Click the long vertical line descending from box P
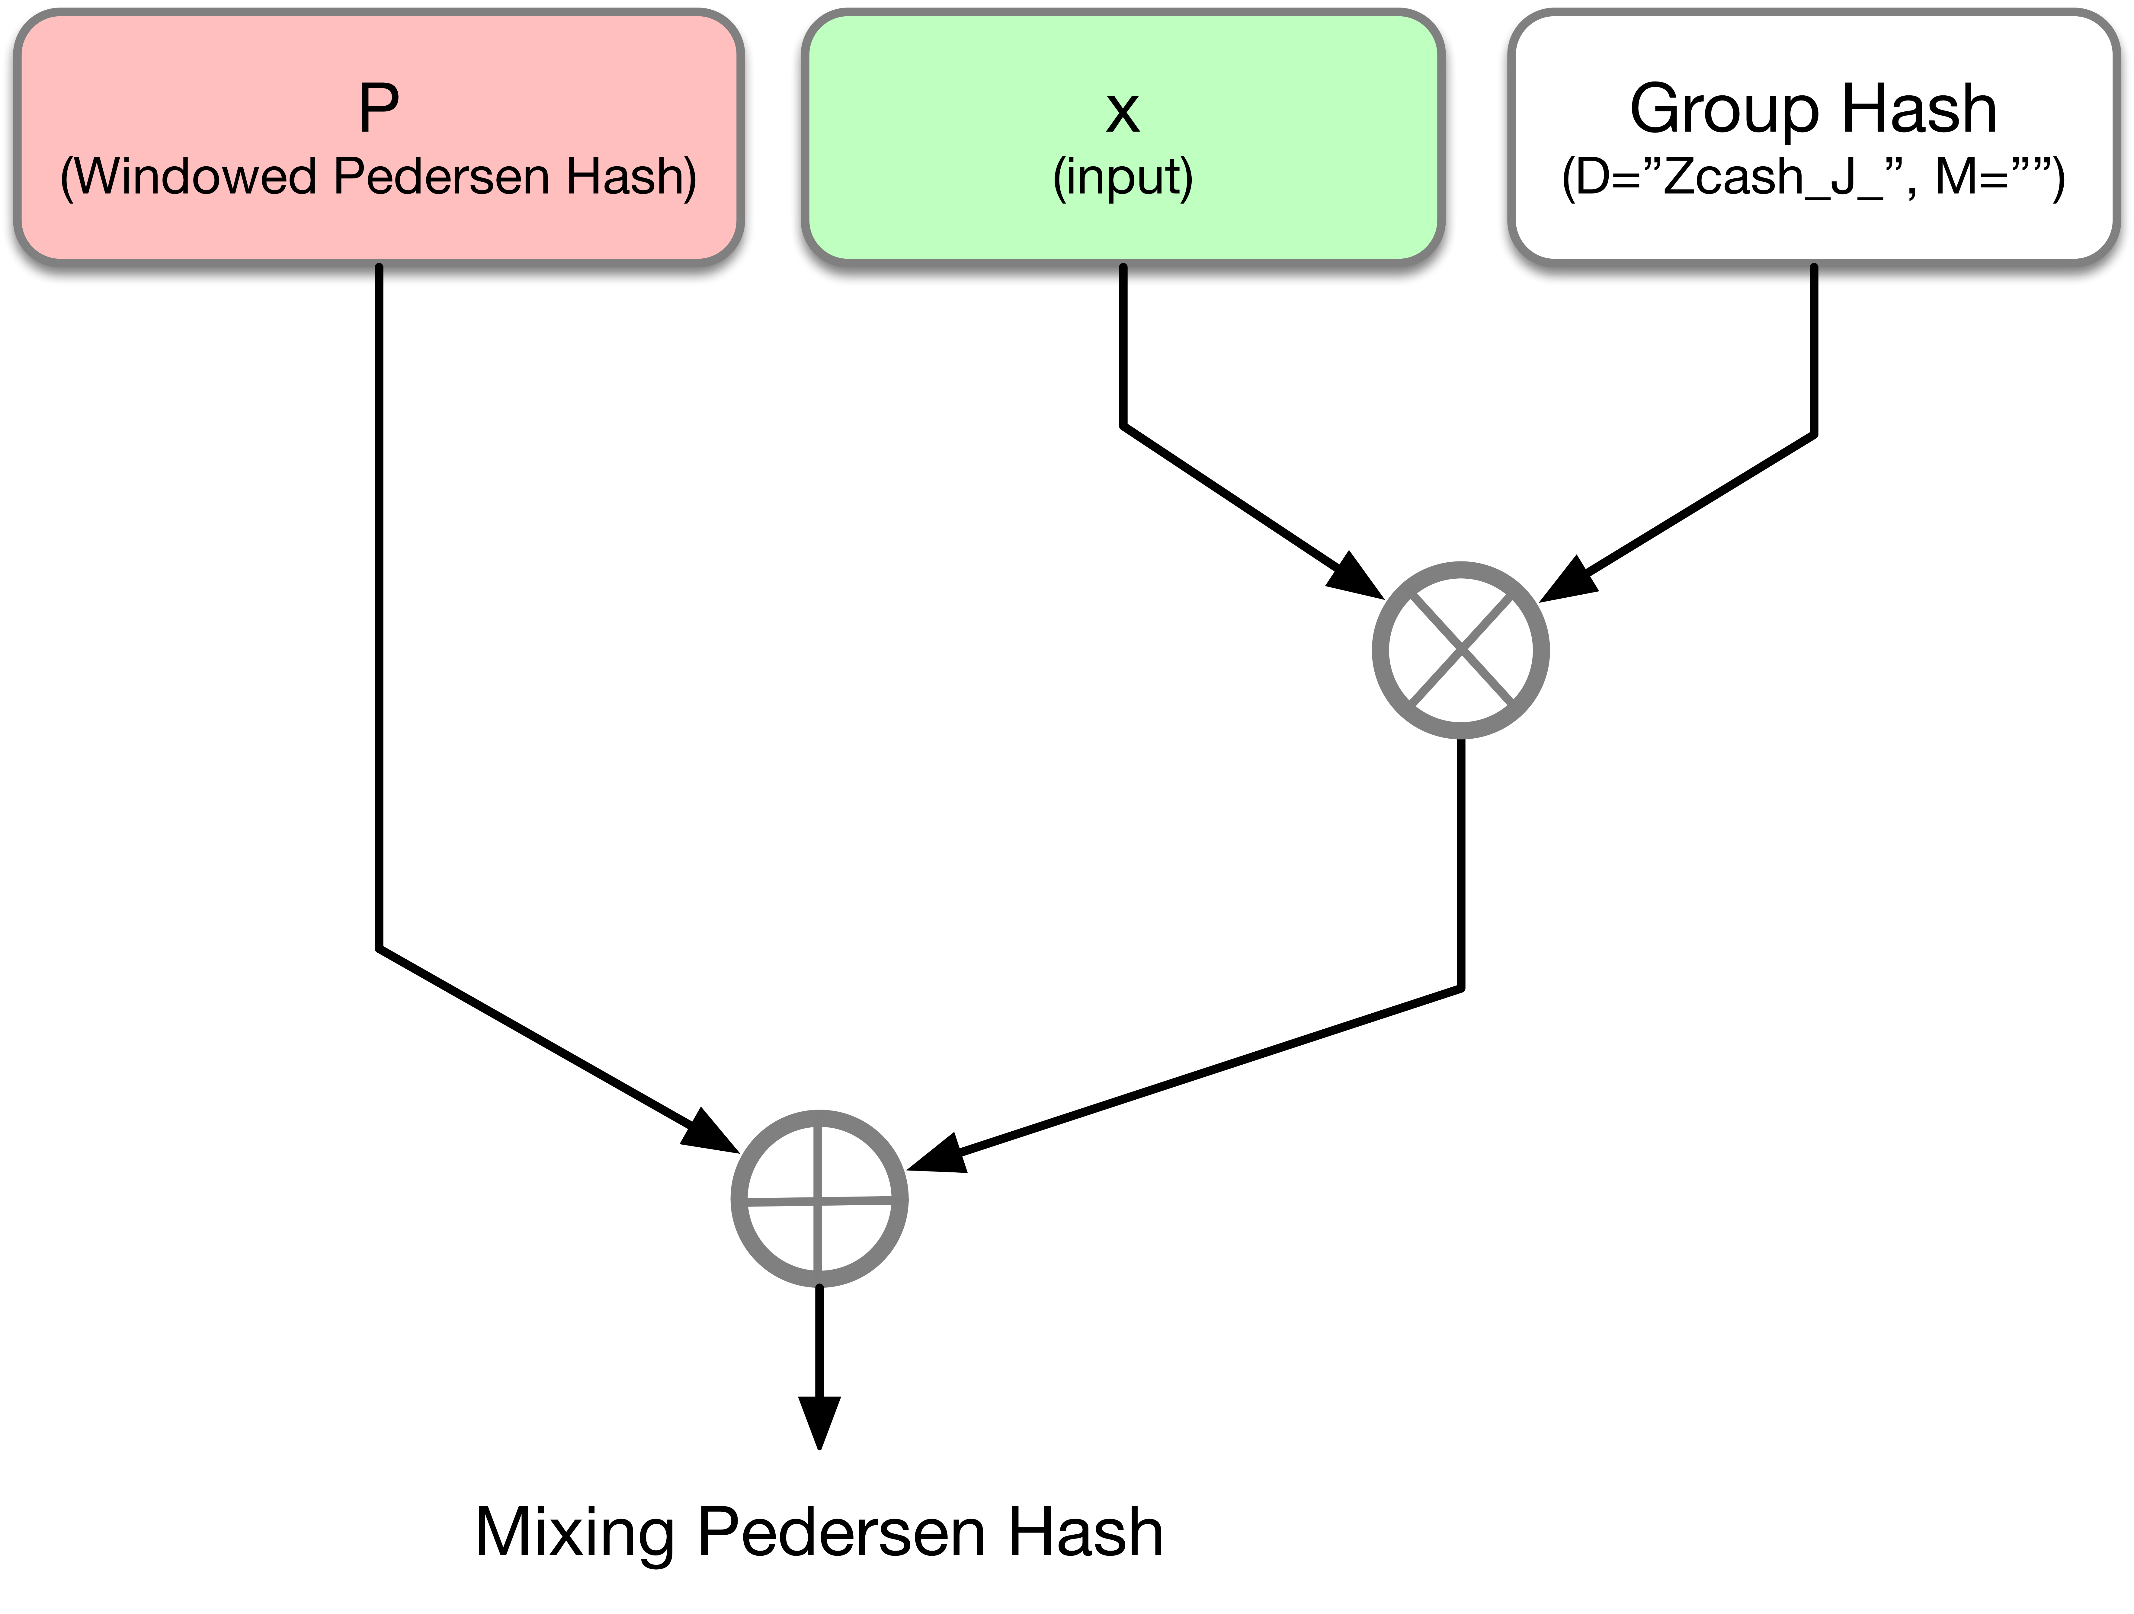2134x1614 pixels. pyautogui.click(x=379, y=608)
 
